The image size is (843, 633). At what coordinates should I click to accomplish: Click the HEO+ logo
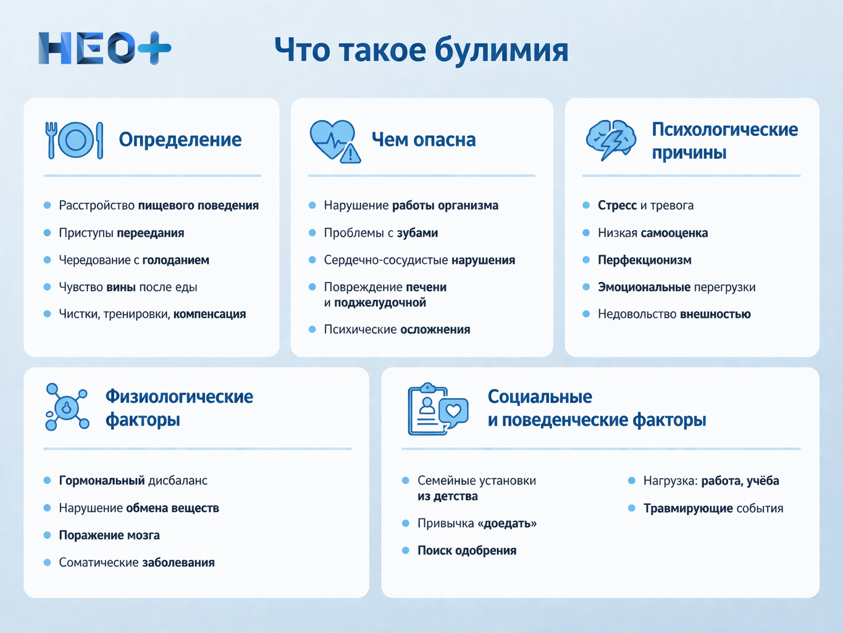(x=104, y=48)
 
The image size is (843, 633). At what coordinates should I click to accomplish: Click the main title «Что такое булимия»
(x=421, y=50)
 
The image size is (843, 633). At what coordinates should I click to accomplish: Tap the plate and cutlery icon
(x=74, y=140)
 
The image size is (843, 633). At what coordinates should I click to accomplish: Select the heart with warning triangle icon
(x=334, y=141)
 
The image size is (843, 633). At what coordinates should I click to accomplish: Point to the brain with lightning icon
(x=611, y=140)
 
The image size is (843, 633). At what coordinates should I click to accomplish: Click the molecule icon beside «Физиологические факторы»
(x=67, y=407)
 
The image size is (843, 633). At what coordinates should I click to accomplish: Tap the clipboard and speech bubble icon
(x=437, y=409)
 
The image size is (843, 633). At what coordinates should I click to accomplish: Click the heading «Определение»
(x=180, y=140)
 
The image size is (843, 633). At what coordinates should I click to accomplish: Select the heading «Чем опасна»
(x=424, y=140)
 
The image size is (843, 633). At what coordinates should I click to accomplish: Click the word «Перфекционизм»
(x=644, y=260)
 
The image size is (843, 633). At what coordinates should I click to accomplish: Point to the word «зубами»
(x=417, y=233)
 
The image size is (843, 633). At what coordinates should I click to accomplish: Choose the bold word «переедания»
(x=151, y=233)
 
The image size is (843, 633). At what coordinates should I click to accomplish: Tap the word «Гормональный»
(x=102, y=481)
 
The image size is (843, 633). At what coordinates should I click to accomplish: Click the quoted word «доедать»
(x=507, y=524)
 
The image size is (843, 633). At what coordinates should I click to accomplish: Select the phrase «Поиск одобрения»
(x=467, y=551)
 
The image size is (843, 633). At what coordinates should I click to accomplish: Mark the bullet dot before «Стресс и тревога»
(x=586, y=205)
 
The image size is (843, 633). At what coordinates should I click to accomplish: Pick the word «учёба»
(x=763, y=481)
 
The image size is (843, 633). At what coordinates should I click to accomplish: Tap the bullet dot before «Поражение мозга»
(x=47, y=535)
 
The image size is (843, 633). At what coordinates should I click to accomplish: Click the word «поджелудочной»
(x=380, y=303)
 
